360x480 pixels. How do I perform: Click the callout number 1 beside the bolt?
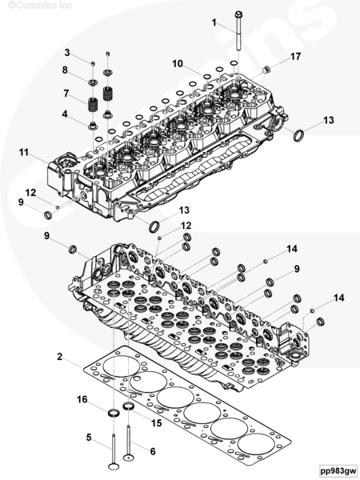coord(214,22)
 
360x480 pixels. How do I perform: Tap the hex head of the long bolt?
coord(238,14)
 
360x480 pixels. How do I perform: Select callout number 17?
coord(295,57)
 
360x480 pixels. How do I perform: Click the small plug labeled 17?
coord(266,70)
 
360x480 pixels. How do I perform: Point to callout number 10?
coord(178,64)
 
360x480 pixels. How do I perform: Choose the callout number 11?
coord(24,152)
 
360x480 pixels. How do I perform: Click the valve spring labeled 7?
coord(93,105)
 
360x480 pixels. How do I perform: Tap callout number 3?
coord(67,53)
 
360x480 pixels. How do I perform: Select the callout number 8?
coord(65,70)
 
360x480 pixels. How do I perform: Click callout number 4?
coord(65,114)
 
